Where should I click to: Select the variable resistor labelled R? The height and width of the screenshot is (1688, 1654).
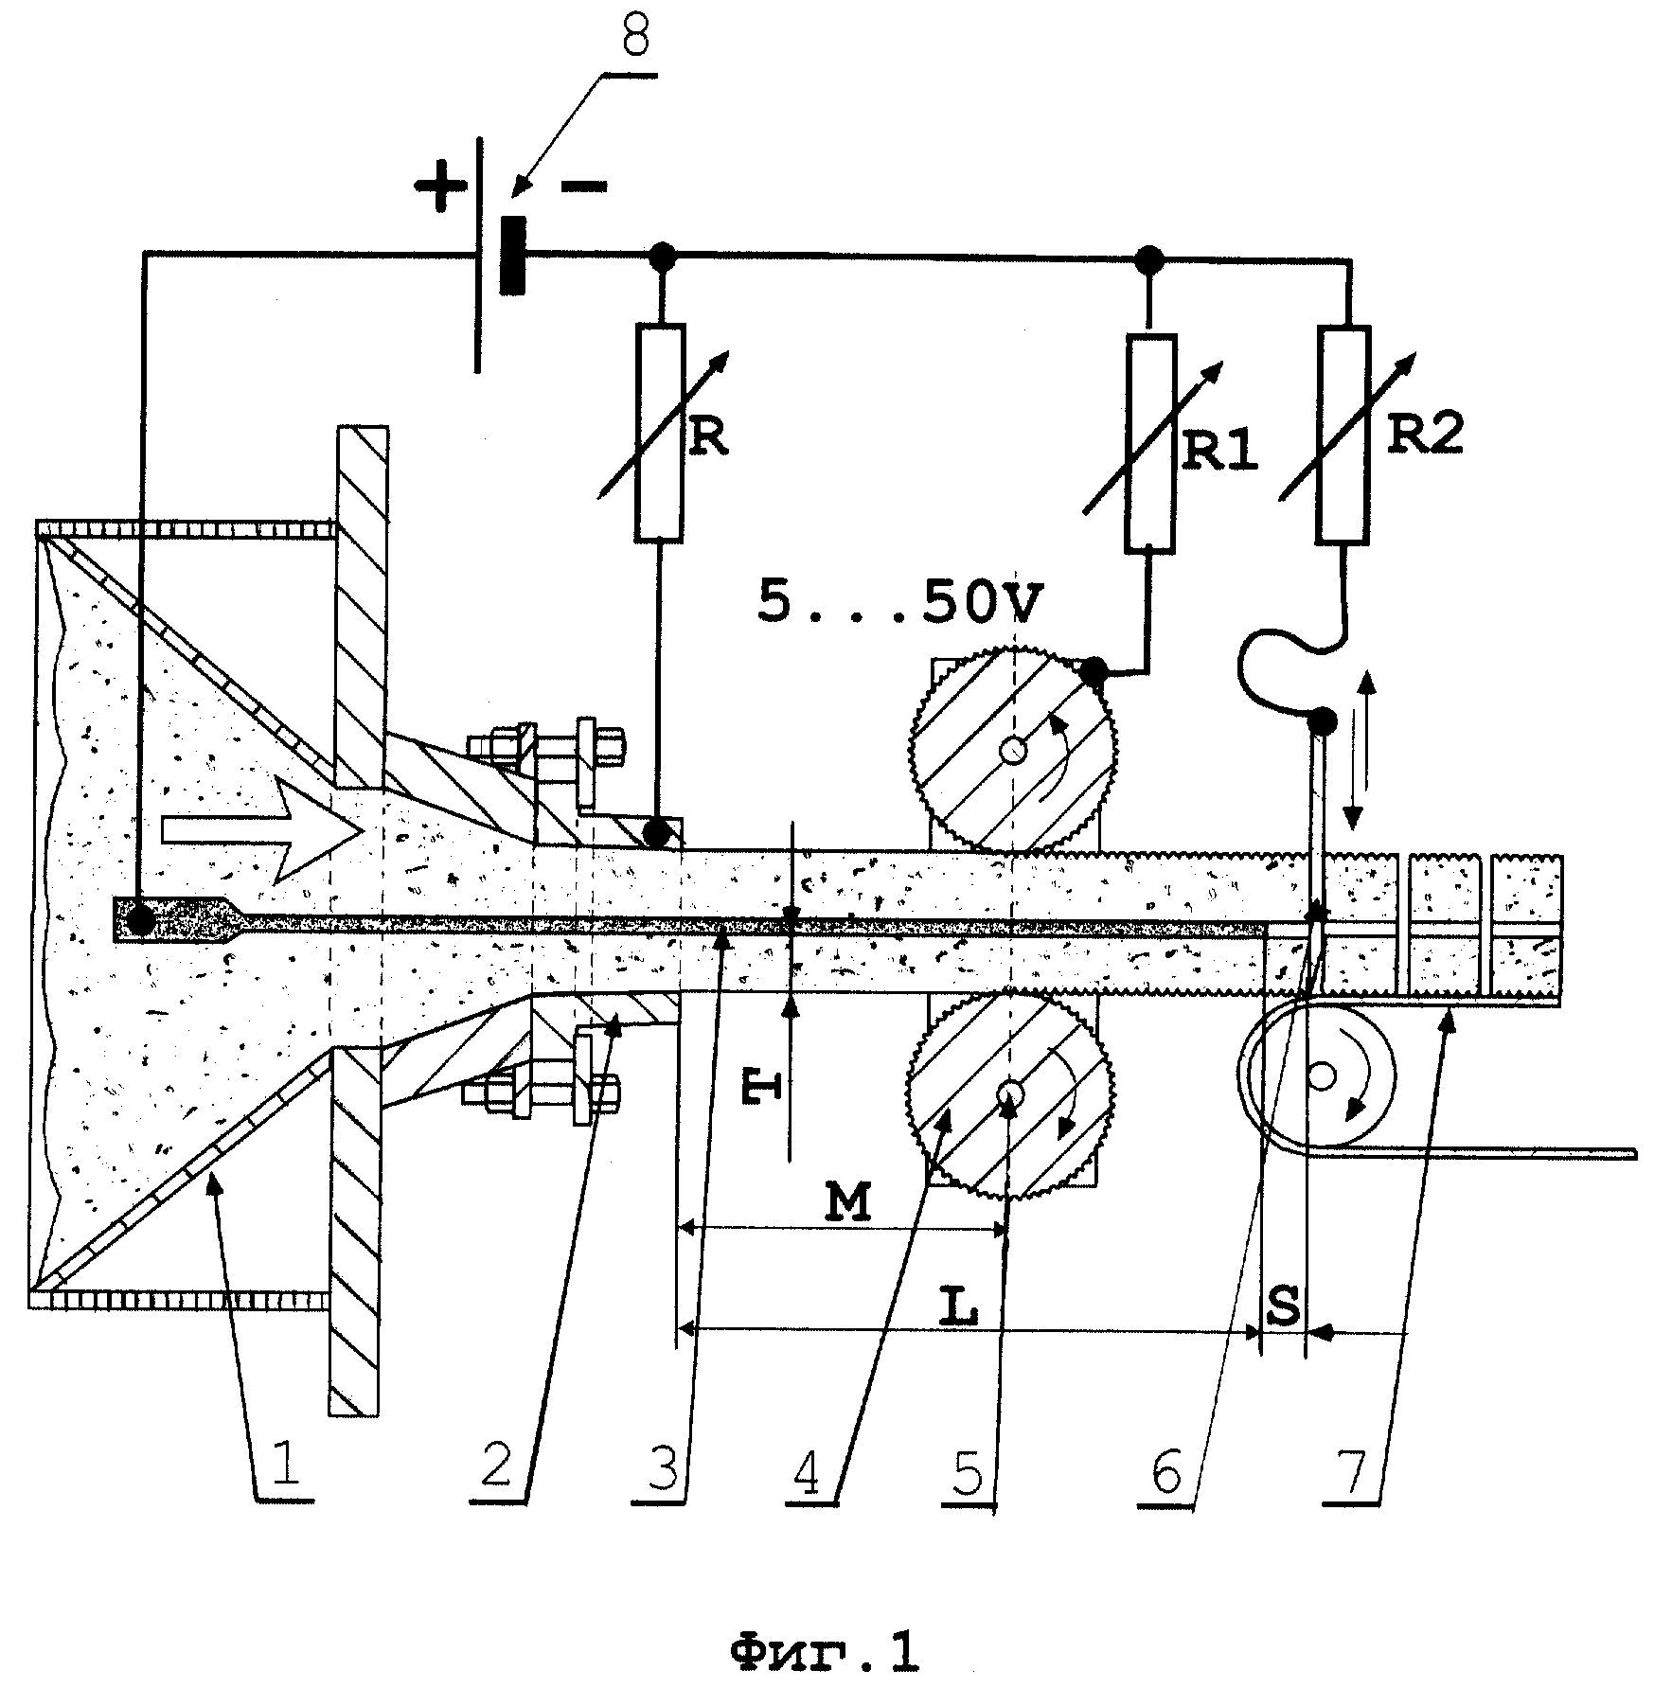click(x=659, y=433)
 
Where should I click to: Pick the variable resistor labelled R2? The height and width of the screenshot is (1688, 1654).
click(x=1343, y=435)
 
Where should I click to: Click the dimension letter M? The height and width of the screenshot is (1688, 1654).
click(x=845, y=1202)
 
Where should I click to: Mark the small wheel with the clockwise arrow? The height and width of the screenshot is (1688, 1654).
click(x=1317, y=1075)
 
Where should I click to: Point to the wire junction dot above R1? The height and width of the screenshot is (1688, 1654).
click(x=1150, y=258)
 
